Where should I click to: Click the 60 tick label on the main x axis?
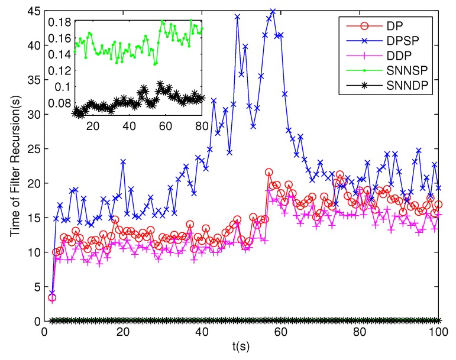point(281,333)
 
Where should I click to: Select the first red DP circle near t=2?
point(52,297)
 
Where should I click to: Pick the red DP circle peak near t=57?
point(269,173)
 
